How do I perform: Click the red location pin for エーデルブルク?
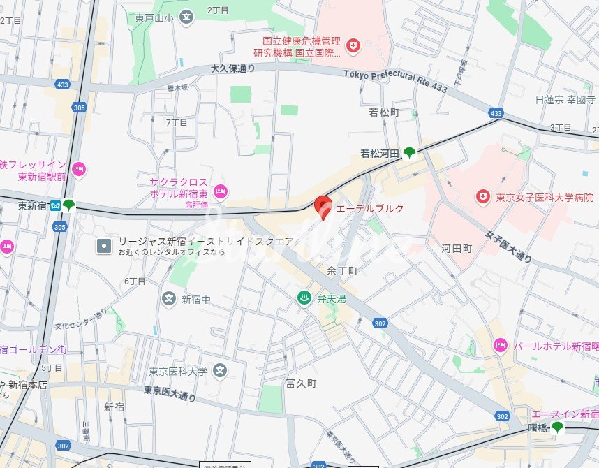coord(323,206)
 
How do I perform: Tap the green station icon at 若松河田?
coord(409,152)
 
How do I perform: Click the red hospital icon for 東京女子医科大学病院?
coord(482,198)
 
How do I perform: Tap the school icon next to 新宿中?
coord(168,299)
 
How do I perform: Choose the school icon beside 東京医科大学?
coord(220,370)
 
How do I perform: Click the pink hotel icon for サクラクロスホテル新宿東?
coord(221,190)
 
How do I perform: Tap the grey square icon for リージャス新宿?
coord(104,246)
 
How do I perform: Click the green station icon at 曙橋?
coord(557,427)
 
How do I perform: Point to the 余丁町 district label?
coord(342,270)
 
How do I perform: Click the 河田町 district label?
coord(457,248)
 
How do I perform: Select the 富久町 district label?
coord(301,383)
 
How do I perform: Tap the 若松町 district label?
coord(383,112)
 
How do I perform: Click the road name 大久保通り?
coord(232,68)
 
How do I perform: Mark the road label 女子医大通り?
coord(509,245)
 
